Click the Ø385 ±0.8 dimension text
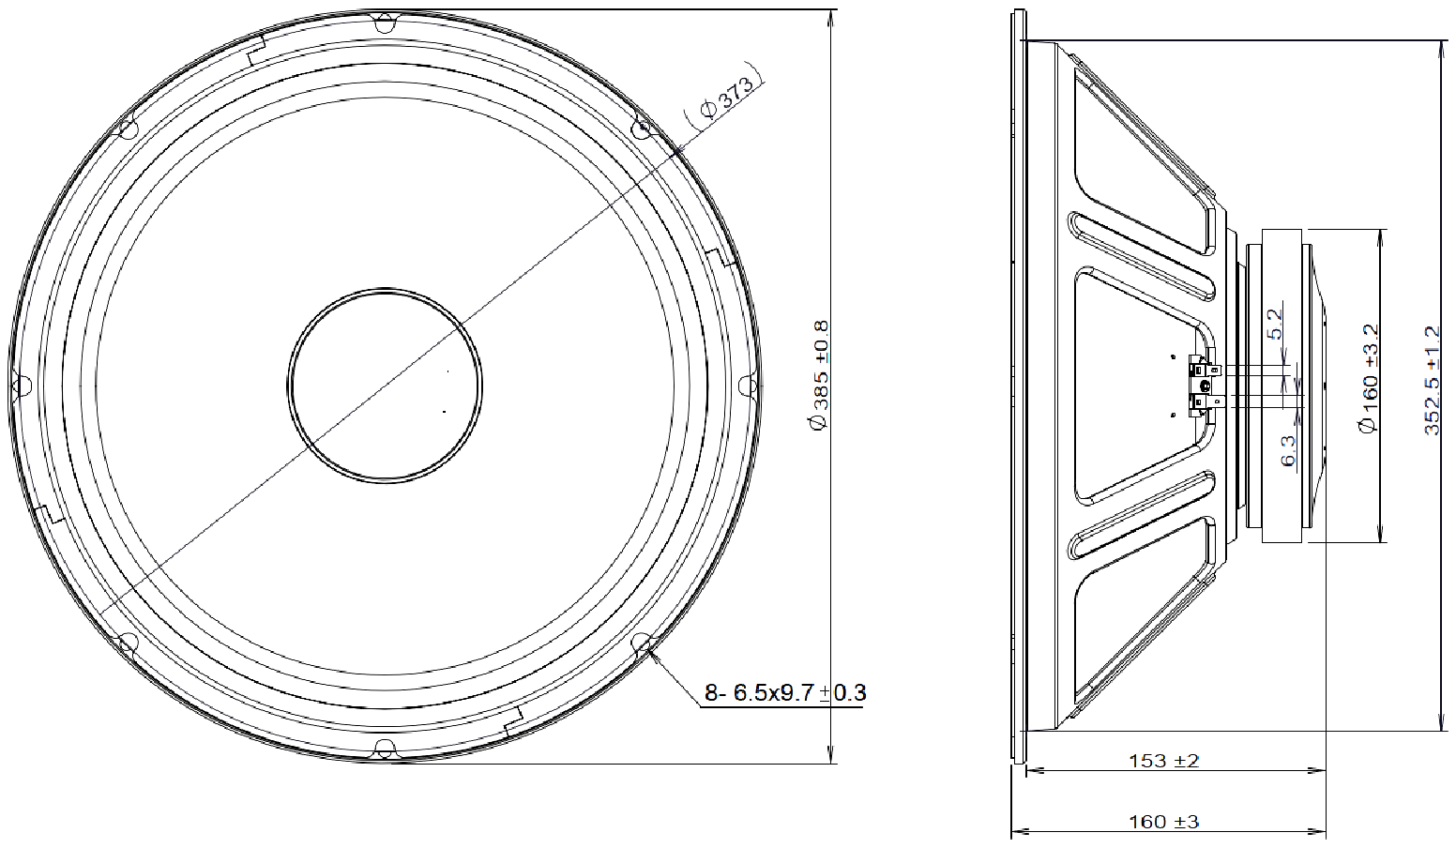pyautogui.click(x=819, y=375)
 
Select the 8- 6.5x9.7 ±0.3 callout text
pyautogui.click(x=784, y=693)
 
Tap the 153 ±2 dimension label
pyautogui.click(x=1163, y=761)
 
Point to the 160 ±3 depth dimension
pyautogui.click(x=1163, y=822)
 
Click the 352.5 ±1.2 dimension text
pyautogui.click(x=1432, y=380)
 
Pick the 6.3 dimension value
pyautogui.click(x=1288, y=450)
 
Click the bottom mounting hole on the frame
pyautogui.click(x=384, y=750)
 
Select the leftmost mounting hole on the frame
pyautogui.click(x=21, y=385)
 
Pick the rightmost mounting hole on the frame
pyautogui.click(x=748, y=385)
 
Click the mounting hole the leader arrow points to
pyautogui.click(x=643, y=643)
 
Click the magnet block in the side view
pyautogui.click(x=1282, y=386)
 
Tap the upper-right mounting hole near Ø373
pyautogui.click(x=643, y=129)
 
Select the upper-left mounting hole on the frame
pyautogui.click(x=127, y=127)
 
